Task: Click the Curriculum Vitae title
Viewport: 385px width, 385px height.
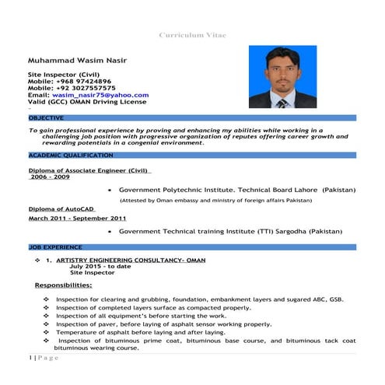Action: (192, 35)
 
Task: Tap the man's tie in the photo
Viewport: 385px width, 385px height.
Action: (282, 101)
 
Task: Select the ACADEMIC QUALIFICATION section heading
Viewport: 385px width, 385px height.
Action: (65, 156)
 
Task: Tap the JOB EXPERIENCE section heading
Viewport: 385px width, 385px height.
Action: (48, 247)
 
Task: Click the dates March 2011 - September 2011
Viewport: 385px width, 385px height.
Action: (77, 219)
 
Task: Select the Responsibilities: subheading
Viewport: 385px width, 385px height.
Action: (63, 285)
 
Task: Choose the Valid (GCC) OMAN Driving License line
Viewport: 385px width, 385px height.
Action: (88, 101)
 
